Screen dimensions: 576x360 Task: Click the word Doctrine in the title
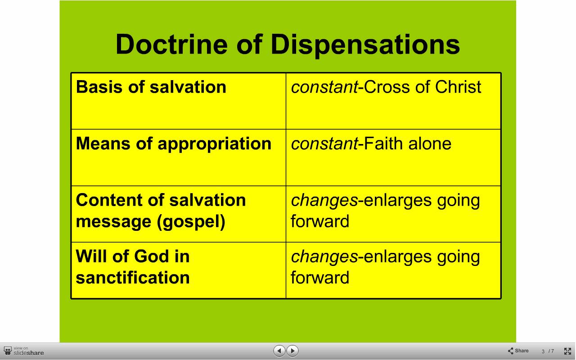coord(171,44)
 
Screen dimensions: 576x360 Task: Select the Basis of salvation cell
coord(179,101)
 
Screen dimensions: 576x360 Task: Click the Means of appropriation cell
coord(179,157)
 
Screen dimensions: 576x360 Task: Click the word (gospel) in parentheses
coord(191,222)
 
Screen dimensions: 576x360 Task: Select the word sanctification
coord(133,278)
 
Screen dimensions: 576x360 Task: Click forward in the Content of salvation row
coord(320,221)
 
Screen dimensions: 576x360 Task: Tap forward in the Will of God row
coord(320,278)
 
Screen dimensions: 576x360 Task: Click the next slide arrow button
coord(292,351)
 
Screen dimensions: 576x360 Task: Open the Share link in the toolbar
coord(518,351)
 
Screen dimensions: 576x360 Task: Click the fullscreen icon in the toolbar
coord(567,351)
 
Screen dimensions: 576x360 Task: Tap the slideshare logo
coord(24,351)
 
